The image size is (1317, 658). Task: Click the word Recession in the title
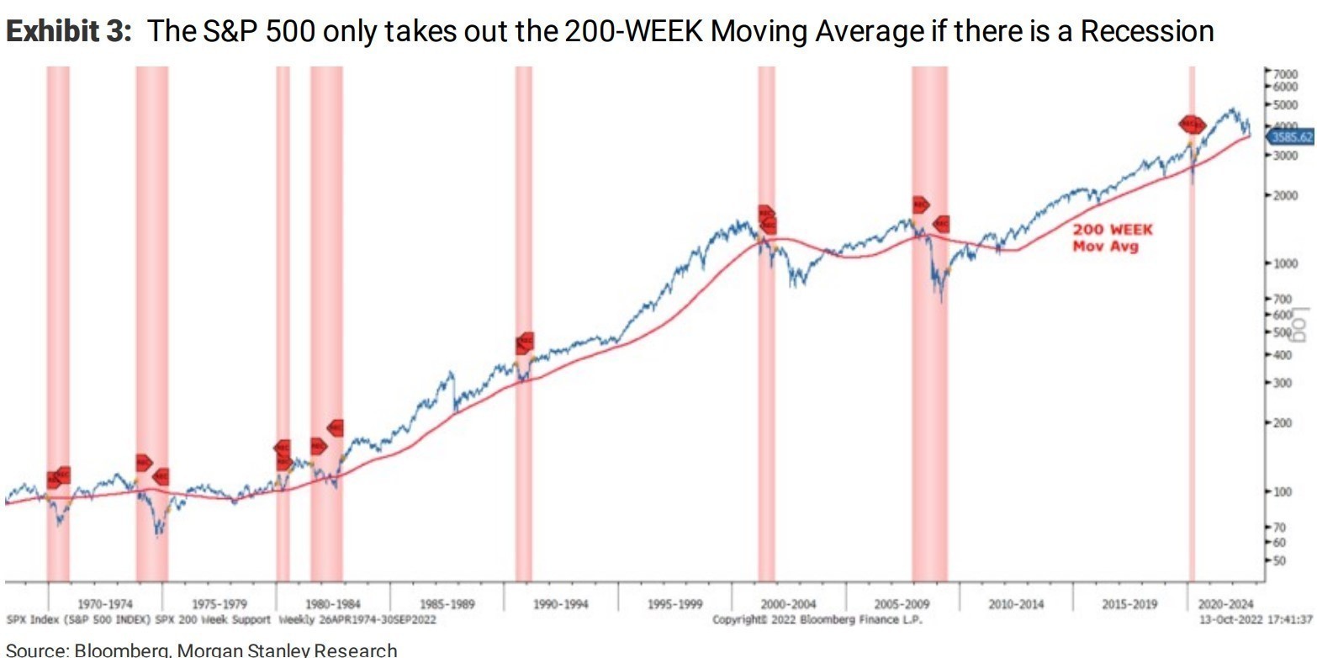pos(1146,32)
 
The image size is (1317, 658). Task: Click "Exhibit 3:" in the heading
pos(71,32)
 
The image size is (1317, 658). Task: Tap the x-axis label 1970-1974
pos(105,604)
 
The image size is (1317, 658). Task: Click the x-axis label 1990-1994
pos(561,604)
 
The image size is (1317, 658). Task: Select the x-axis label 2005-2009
pos(902,604)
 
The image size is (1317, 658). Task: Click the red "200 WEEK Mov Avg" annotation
pos(1112,237)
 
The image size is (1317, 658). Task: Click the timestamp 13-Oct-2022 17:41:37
pos(1257,619)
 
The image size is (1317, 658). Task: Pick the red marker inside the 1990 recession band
pos(524,342)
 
